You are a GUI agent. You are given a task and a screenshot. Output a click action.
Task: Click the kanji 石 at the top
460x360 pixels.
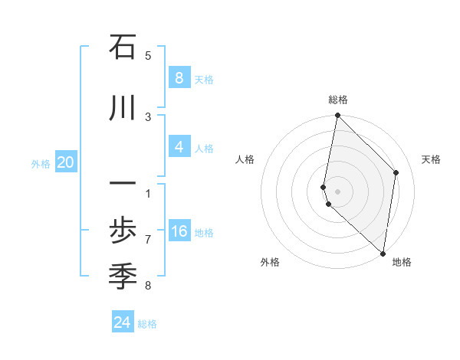click(123, 47)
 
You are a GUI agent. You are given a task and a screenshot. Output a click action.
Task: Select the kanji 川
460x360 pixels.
click(123, 109)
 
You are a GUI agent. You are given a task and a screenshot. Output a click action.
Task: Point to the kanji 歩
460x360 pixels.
click(123, 231)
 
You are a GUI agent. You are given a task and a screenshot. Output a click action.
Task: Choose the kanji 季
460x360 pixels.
click(123, 275)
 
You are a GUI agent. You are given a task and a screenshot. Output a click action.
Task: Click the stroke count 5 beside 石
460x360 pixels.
click(148, 55)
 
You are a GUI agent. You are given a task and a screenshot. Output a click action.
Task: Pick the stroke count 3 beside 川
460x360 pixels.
click(148, 116)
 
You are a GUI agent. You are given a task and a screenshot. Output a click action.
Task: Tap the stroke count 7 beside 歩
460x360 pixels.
click(148, 239)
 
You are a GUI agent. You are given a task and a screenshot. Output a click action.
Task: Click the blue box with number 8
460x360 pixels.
click(179, 77)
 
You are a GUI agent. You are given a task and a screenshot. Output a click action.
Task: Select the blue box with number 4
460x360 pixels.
click(179, 146)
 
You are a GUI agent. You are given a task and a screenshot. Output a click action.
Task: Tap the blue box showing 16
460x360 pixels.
click(179, 231)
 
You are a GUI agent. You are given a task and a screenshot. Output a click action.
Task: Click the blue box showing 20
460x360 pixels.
click(66, 162)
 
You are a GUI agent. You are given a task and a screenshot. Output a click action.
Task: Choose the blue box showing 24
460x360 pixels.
click(123, 322)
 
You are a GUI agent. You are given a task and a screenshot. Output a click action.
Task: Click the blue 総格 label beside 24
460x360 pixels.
click(147, 324)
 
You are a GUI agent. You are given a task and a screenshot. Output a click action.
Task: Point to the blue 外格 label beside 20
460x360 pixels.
click(41, 163)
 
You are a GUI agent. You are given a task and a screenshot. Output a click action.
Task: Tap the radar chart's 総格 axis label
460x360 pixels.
click(338, 100)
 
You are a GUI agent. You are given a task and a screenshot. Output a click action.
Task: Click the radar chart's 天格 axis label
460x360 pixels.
click(431, 159)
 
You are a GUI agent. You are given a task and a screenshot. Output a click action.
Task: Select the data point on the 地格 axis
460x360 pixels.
click(383, 253)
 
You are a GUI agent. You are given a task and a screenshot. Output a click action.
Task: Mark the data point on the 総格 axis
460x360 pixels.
click(337, 116)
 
